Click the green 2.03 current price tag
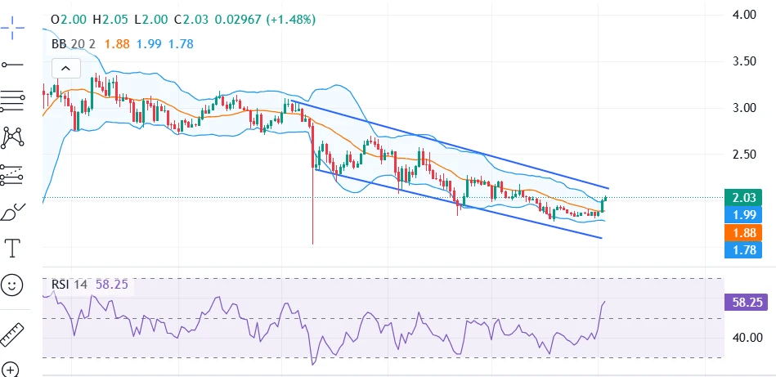(x=742, y=197)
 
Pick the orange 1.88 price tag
(x=742, y=232)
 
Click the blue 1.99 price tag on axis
(x=742, y=215)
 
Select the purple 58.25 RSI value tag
(x=747, y=302)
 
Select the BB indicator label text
(x=59, y=44)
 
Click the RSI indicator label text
(x=61, y=285)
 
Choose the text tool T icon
(x=12, y=246)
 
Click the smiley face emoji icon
(x=12, y=285)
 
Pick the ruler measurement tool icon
(x=12, y=334)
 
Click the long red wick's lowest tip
(x=313, y=244)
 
